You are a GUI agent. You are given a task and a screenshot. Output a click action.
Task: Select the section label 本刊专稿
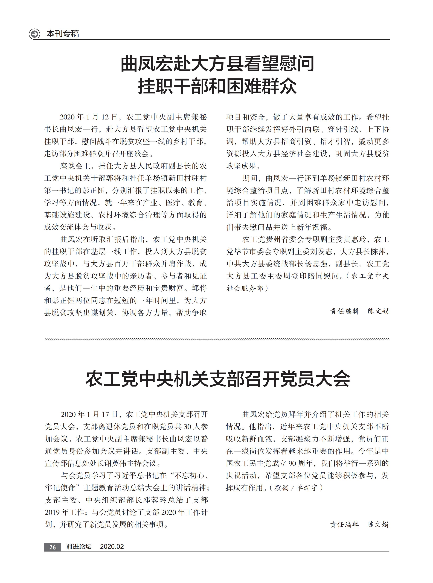click(62, 34)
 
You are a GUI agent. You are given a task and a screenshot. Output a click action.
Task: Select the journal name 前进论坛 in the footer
click(79, 547)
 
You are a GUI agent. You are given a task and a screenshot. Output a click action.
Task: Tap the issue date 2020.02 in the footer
click(112, 547)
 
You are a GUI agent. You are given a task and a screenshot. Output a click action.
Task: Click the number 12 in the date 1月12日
click(105, 117)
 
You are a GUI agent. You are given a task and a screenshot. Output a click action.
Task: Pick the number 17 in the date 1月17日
click(105, 415)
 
